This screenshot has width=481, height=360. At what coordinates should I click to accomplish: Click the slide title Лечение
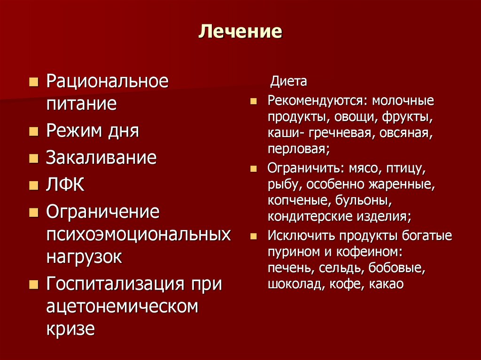240,31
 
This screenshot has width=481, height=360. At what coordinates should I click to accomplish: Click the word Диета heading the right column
288,81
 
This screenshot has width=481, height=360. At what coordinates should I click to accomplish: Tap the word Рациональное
107,81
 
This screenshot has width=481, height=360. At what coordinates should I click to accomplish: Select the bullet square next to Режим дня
33,131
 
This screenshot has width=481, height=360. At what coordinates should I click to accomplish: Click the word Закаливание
101,157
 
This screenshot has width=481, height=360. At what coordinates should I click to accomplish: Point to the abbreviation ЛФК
65,184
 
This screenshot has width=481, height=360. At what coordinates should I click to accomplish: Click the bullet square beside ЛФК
33,185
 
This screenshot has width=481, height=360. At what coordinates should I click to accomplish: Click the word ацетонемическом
122,307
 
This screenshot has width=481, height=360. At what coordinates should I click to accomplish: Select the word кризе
70,328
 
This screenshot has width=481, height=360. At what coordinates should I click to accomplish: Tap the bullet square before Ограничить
254,169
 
